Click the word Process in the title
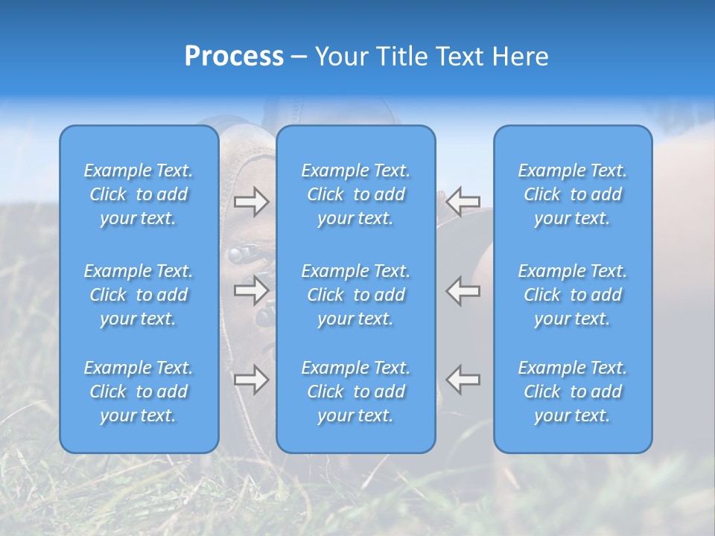234,57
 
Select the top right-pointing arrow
252,201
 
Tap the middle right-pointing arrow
252,290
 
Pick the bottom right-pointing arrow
252,380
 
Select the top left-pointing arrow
463,201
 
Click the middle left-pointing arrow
463,290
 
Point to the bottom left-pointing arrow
463,380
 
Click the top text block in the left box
139,194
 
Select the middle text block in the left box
139,295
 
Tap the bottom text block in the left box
139,392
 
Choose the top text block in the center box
355,194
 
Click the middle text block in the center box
355,295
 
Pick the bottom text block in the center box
355,392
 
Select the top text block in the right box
572,194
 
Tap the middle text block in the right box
572,295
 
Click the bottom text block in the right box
572,392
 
